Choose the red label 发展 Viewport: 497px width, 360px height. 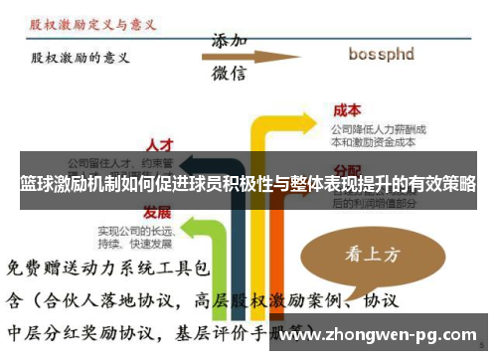(157, 212)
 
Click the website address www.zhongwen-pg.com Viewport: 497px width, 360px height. (379, 334)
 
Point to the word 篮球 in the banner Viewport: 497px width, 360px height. (37, 185)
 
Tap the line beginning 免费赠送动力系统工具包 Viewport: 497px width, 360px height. (108, 269)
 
